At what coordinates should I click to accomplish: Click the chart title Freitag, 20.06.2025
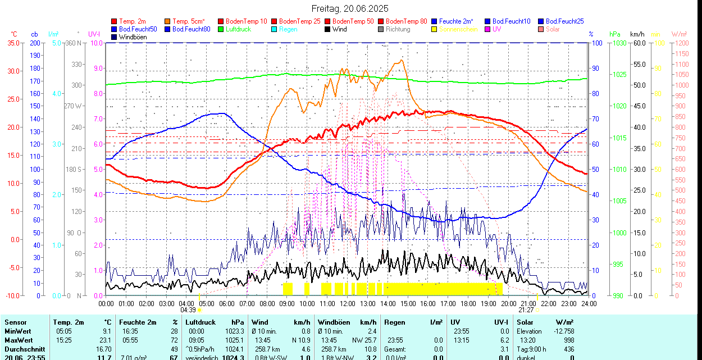(350, 8)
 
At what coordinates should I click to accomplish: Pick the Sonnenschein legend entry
(458, 29)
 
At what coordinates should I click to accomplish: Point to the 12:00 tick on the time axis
(347, 303)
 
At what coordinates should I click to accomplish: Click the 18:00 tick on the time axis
(468, 303)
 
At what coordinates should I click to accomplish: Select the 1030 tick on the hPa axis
(619, 43)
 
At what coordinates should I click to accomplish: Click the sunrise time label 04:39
(188, 310)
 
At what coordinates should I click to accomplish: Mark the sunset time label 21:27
(526, 310)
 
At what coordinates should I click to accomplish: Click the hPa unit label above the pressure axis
(614, 34)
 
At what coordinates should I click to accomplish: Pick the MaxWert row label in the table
(19, 340)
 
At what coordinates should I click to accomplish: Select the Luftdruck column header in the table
(200, 322)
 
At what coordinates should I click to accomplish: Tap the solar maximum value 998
(568, 340)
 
